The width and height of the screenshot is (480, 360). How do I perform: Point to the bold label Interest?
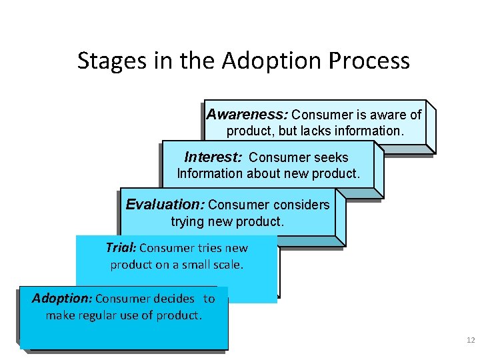pyautogui.click(x=213, y=157)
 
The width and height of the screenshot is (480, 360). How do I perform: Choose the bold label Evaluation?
pyautogui.click(x=165, y=204)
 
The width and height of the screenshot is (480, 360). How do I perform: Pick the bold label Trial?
pyautogui.click(x=121, y=248)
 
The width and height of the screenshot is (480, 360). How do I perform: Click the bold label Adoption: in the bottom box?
pyautogui.click(x=62, y=299)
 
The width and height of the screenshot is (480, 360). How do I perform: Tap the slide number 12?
pyautogui.click(x=471, y=341)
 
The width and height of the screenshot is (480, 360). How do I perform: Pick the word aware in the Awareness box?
pyautogui.click(x=389, y=115)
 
